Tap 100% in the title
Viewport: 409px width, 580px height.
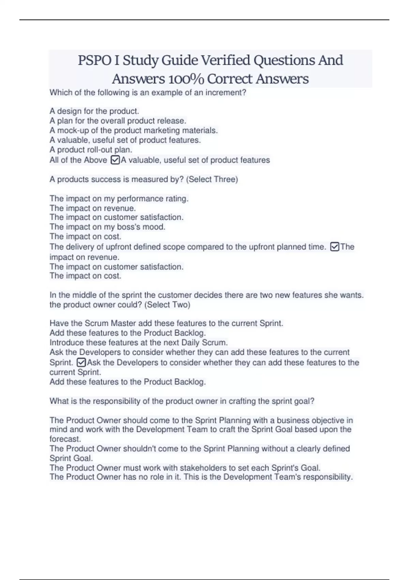(186, 79)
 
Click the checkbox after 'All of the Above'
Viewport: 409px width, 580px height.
(115, 160)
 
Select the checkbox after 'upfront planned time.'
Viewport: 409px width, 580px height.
(335, 247)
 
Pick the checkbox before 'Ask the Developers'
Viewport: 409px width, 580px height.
(81, 362)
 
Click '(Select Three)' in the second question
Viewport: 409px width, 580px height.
(212, 179)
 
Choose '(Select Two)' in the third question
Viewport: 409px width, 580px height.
(167, 305)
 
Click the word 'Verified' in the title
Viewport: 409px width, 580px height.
(225, 60)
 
